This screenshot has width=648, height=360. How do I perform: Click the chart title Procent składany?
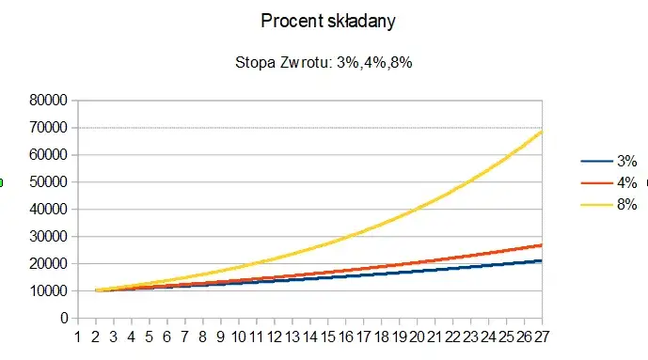tap(324, 20)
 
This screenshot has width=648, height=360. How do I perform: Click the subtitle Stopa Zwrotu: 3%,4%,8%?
tap(324, 63)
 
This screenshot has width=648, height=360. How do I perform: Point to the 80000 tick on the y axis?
tap(47, 100)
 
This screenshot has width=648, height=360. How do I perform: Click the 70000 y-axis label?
tap(47, 127)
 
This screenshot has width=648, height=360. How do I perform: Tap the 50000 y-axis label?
tap(47, 181)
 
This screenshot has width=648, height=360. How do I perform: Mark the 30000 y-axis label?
tap(47, 236)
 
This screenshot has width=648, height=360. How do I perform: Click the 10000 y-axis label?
tap(47, 290)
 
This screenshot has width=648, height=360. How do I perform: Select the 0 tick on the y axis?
tap(63, 318)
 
